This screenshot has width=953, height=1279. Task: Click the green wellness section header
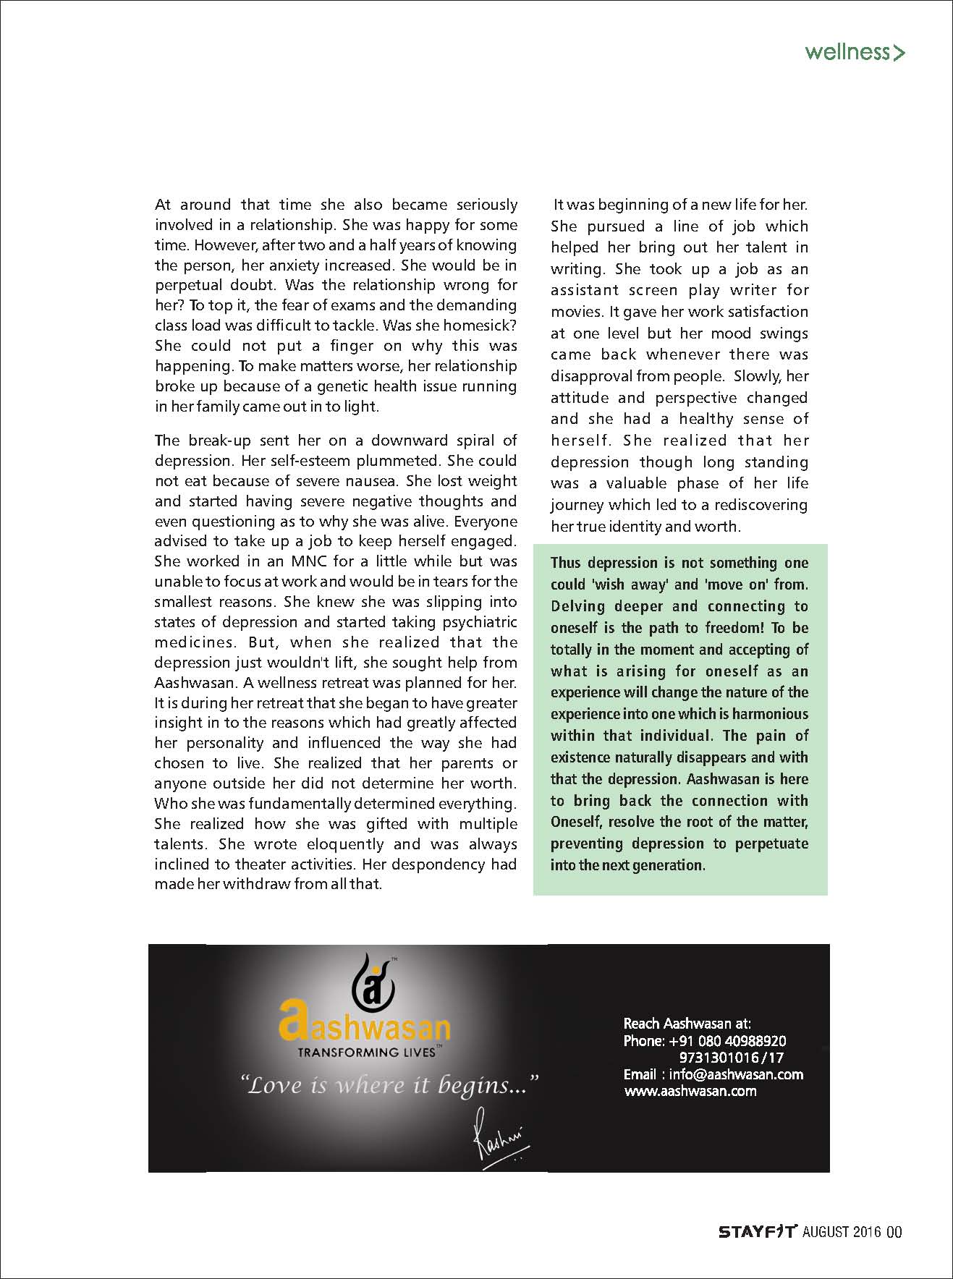855,52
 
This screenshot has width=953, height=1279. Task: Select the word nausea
373,480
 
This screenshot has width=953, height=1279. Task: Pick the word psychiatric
477,622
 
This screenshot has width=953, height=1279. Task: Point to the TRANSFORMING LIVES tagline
365,1052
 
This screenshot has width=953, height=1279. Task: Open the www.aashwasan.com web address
690,1091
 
